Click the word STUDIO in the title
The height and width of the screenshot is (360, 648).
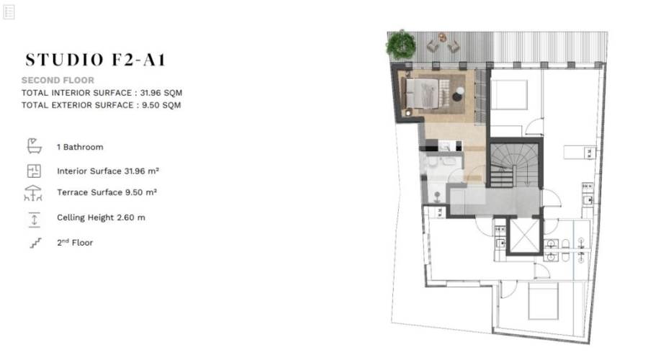pyautogui.click(x=65, y=60)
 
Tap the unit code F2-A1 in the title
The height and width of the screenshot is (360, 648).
pyautogui.click(x=139, y=60)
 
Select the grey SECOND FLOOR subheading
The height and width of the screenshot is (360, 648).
pyautogui.click(x=58, y=80)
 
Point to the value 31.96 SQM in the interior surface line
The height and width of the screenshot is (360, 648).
pyautogui.click(x=161, y=93)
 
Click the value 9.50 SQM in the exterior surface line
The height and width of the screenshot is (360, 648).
pyautogui.click(x=161, y=105)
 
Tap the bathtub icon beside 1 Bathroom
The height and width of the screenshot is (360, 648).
pyautogui.click(x=35, y=146)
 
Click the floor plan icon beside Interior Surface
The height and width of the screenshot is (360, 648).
pyautogui.click(x=34, y=171)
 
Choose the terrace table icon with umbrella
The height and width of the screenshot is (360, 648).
pyautogui.click(x=33, y=193)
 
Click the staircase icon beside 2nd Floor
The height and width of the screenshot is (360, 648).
pyautogui.click(x=35, y=243)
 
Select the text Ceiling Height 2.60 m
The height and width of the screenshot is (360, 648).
pyautogui.click(x=102, y=217)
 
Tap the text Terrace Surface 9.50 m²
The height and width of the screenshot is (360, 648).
pyautogui.click(x=107, y=192)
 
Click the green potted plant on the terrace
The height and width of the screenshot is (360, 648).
pyautogui.click(x=401, y=45)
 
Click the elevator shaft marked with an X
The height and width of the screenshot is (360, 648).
pyautogui.click(x=524, y=235)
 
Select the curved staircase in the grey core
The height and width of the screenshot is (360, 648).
pyautogui.click(x=514, y=166)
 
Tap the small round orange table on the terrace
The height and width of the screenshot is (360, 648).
pyautogui.click(x=443, y=37)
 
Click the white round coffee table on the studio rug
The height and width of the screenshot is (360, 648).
pyautogui.click(x=460, y=91)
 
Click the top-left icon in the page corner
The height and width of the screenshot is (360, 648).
pyautogui.click(x=9, y=12)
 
